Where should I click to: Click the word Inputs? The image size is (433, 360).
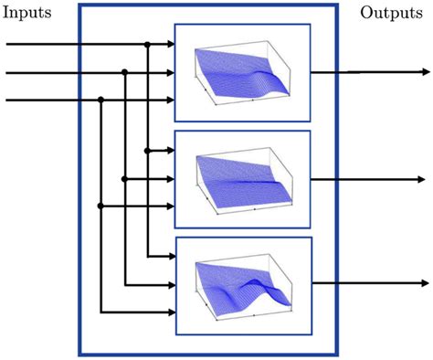pos(28,13)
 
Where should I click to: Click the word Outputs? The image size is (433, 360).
pos(390,13)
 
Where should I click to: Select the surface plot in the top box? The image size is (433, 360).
pos(242,72)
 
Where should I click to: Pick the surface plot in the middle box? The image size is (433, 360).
pos(242,179)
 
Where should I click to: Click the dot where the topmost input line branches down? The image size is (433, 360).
pos(147,44)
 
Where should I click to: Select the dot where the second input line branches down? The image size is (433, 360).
pos(124,72)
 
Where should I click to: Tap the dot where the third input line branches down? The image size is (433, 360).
pos(100,100)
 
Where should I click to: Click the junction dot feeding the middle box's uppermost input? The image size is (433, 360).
pos(147,151)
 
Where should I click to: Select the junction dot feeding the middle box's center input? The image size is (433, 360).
pos(124,179)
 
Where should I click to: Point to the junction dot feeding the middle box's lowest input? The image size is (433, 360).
pos(100,206)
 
